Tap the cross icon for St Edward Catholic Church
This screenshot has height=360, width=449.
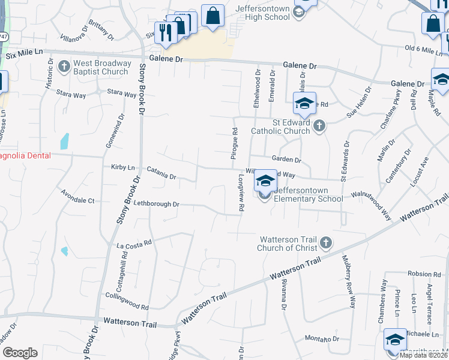pos(319,126)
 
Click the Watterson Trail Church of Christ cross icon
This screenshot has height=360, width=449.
pos(325,242)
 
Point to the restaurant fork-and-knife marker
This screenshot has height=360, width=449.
pos(164,32)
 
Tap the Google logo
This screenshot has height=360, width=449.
pos(20,353)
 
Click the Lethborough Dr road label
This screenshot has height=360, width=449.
pos(156,204)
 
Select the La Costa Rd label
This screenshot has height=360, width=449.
pos(134,245)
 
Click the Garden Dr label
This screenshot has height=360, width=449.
pos(286,160)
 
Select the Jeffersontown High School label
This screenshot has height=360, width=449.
pos(263,13)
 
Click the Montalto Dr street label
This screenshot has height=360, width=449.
pos(322,339)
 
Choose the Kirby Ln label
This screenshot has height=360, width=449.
pos(123,167)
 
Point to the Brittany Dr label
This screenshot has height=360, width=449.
pos(101,30)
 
